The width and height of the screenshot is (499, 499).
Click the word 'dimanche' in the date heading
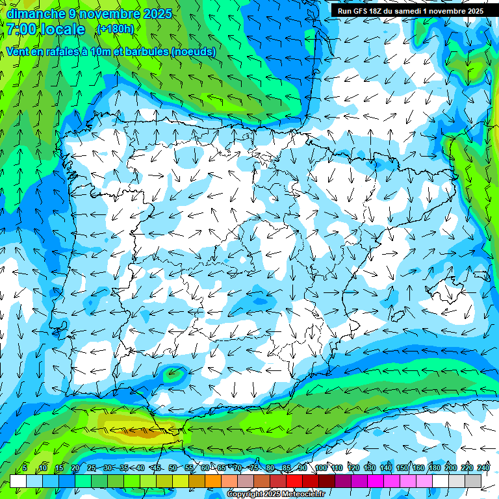(32, 13)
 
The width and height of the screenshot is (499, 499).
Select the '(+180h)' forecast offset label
(115, 29)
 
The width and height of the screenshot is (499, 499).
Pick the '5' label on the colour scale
(25, 468)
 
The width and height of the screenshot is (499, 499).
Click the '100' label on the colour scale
(320, 468)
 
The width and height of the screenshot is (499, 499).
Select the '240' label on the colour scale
(483, 468)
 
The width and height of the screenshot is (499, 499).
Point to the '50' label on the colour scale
(173, 468)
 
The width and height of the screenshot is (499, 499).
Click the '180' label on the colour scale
(434, 468)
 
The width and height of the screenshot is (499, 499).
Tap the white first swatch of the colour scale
(18, 481)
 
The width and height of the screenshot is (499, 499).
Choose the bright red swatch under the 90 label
(294, 481)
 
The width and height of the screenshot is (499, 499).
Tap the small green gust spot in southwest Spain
(173, 372)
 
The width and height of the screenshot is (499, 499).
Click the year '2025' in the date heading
(157, 13)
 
